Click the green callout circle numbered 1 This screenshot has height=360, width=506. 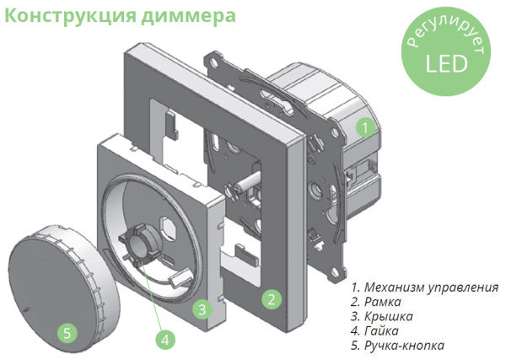point(363,128)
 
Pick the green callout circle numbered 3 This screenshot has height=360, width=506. point(202,309)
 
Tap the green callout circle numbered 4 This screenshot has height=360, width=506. point(166,340)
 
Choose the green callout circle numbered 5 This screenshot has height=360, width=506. point(67,331)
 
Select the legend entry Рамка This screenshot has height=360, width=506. point(376,301)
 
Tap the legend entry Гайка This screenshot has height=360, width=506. point(375,330)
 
